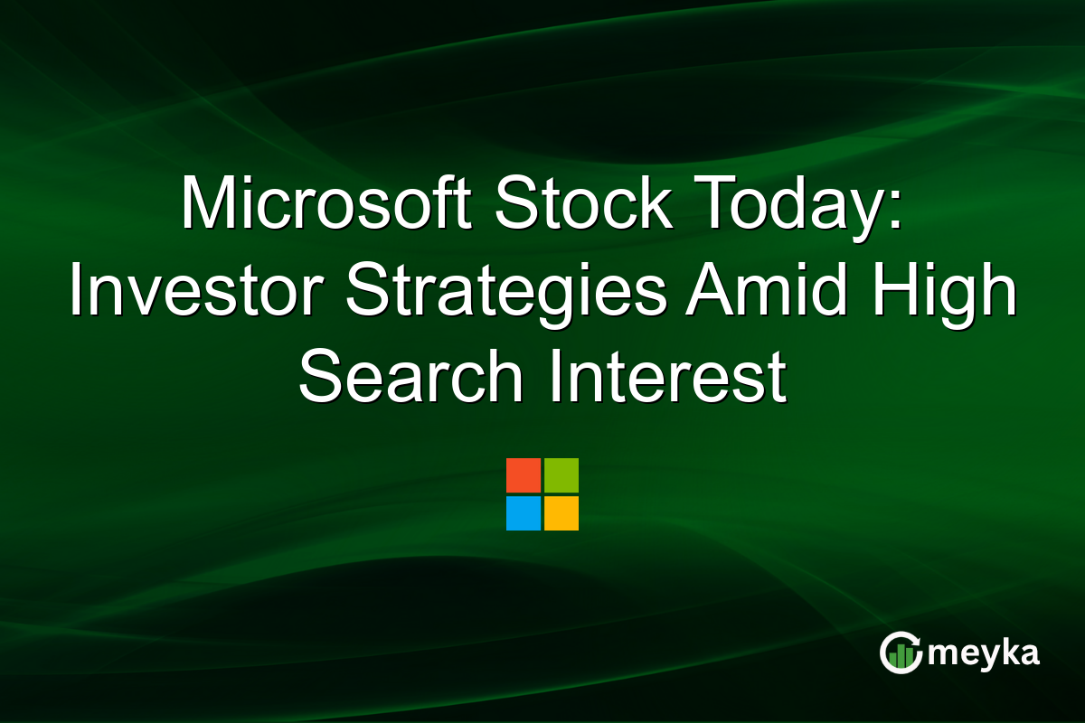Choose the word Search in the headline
411,378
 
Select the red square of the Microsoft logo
524,475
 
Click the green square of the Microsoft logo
561,475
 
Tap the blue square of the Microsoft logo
524,513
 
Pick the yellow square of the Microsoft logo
561,513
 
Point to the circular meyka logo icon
901,653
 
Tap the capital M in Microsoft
206,207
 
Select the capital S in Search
318,378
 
